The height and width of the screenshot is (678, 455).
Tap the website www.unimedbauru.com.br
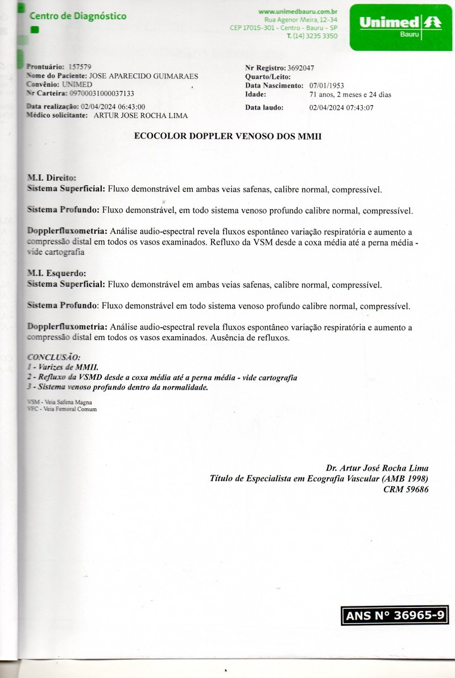(x=298, y=11)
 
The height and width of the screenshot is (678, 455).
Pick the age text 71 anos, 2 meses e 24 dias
(x=350, y=94)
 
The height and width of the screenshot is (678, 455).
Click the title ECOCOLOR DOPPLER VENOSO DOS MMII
(x=227, y=136)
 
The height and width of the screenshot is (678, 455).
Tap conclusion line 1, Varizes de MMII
(x=67, y=367)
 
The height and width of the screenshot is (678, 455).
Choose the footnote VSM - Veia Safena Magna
(x=60, y=401)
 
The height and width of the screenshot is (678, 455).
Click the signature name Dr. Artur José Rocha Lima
(x=377, y=468)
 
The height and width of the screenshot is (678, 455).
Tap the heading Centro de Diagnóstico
(x=78, y=16)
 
